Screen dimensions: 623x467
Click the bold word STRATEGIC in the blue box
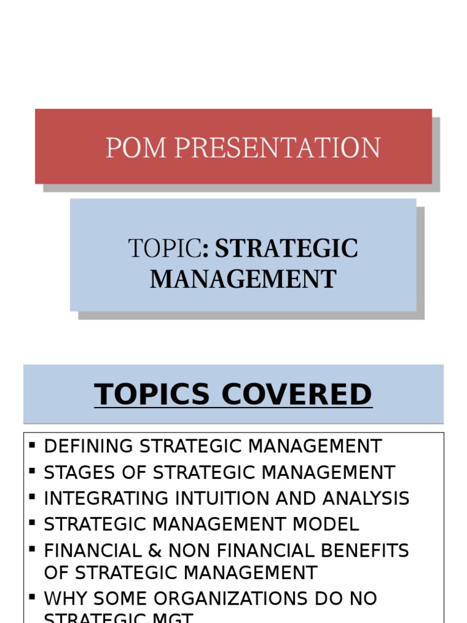coord(286,249)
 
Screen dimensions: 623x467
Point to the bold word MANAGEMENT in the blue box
coord(243,279)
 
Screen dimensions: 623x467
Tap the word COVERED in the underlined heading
coord(296,394)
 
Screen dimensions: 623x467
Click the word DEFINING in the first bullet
coord(89,446)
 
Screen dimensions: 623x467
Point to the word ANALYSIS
coord(365,498)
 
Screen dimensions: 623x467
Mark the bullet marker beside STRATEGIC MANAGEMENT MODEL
coord(32,523)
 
